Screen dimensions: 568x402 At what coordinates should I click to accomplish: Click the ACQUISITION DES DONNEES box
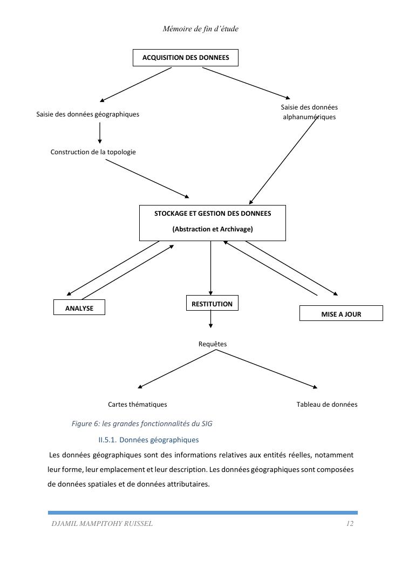[185, 58]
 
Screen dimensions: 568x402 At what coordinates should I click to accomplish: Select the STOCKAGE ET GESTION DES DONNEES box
[212, 222]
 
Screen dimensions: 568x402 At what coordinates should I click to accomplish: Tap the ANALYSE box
[79, 307]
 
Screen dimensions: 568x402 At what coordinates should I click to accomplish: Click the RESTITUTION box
[212, 303]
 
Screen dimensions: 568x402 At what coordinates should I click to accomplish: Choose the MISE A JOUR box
[341, 313]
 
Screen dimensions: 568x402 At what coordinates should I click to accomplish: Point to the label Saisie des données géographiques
[87, 114]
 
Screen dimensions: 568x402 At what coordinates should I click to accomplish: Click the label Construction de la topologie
[93, 152]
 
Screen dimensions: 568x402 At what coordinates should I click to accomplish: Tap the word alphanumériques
[309, 117]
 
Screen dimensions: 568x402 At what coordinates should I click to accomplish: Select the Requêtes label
[213, 344]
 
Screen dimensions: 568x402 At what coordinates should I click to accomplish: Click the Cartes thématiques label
[137, 405]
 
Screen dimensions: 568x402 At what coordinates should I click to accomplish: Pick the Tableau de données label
[326, 405]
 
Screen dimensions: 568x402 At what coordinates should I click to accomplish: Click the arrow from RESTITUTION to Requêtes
[210, 319]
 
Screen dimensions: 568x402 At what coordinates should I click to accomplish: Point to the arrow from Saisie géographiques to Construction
[100, 133]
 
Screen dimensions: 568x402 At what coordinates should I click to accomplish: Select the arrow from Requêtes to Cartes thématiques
[177, 369]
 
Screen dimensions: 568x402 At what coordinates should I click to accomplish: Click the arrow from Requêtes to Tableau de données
[267, 369]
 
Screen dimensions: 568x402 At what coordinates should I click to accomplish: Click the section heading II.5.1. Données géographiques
[148, 440]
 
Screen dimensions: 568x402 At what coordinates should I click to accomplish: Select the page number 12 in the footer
[350, 524]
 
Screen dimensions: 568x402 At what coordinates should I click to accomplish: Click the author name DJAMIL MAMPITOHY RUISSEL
[102, 524]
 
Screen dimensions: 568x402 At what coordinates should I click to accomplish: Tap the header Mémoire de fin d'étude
[200, 29]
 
